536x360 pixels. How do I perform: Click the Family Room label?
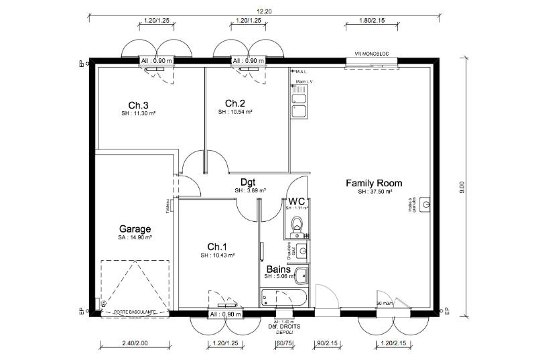tap(373, 182)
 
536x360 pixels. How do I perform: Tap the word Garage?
tap(135, 228)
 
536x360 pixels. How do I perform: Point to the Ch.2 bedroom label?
tap(234, 103)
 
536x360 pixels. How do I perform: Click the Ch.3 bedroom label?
tap(139, 105)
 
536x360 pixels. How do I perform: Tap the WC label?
tap(297, 200)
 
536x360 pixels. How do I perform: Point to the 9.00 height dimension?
tap(462, 188)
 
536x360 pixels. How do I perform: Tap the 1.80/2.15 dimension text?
tap(367, 21)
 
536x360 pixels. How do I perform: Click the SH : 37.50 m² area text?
tap(373, 192)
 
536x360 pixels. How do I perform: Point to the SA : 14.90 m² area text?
tap(135, 237)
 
